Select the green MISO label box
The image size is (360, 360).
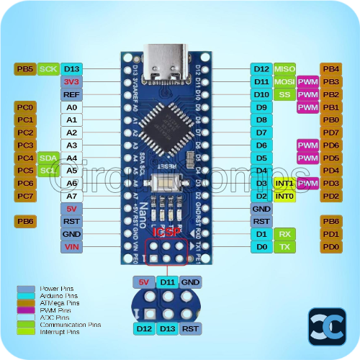284,69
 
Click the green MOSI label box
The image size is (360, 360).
284,82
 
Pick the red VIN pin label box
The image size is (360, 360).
71,247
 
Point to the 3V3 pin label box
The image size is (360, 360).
71,82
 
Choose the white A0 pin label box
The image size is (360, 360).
71,107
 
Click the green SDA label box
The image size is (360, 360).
48,158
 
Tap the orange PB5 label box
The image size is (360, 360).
24,69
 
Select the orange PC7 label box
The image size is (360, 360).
24,196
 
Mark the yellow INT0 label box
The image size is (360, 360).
284,196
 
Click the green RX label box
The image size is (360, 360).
284,234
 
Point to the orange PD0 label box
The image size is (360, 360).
330,247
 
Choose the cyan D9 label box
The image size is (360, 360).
261,107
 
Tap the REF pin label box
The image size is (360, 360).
71,94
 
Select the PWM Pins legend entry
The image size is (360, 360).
43,310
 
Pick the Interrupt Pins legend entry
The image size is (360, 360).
47,332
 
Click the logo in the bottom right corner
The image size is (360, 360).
327,326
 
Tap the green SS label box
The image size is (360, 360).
284,94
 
